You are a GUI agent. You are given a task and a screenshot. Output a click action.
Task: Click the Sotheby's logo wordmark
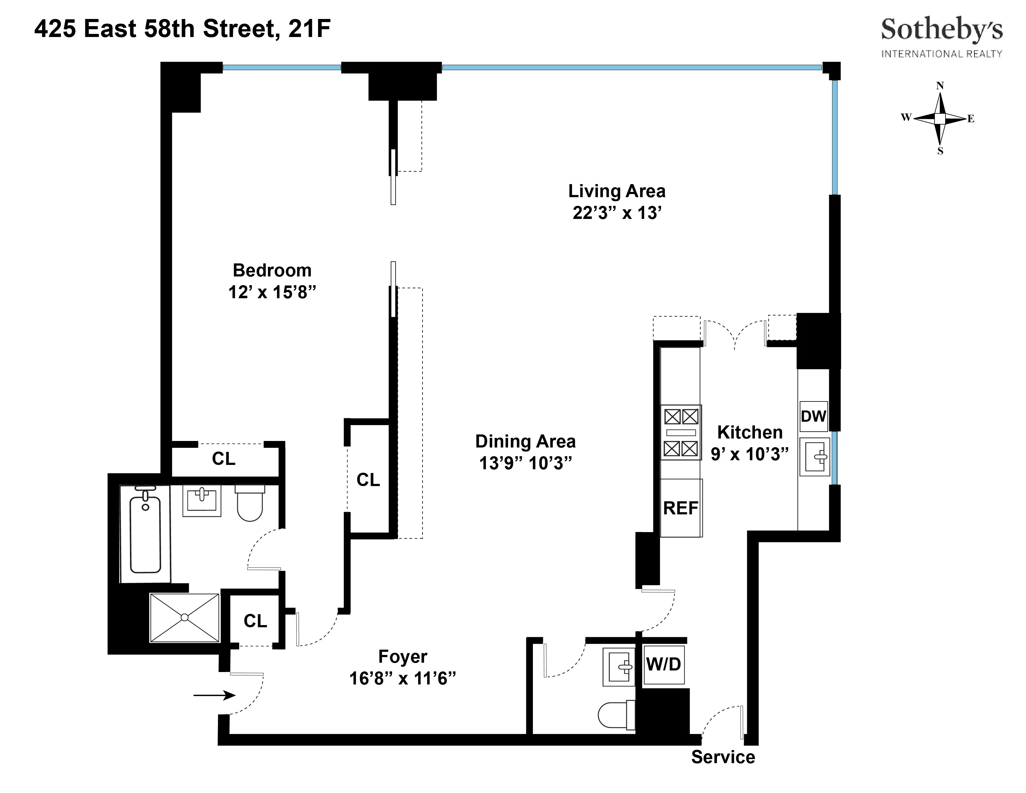[x=941, y=30]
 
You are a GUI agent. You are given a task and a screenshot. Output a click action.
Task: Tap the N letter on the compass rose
[x=940, y=86]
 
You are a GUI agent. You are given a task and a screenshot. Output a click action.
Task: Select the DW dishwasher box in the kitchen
[x=813, y=416]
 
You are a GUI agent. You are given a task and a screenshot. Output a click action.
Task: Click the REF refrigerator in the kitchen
[x=681, y=508]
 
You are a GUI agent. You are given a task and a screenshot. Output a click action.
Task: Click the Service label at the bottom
[x=723, y=757]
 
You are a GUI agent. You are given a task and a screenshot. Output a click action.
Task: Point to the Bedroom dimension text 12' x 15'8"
[x=272, y=292]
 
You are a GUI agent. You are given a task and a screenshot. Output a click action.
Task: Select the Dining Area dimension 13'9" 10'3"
[x=525, y=463]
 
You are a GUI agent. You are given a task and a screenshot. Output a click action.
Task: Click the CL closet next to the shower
[x=255, y=621]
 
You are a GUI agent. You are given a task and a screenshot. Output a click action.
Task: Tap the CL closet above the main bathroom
[x=224, y=458]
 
